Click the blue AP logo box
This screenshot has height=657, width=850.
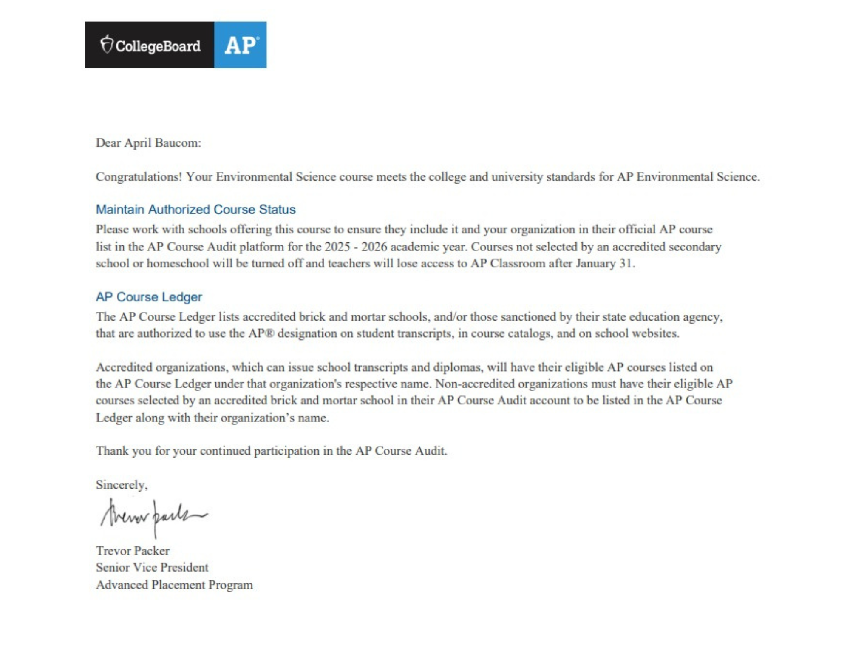point(240,45)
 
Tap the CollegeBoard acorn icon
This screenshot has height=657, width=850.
point(107,44)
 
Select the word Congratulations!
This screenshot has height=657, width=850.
point(139,177)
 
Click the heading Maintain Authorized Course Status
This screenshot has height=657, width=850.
point(195,210)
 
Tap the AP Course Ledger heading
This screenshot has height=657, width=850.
point(149,297)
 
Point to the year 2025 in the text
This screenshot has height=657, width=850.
point(337,247)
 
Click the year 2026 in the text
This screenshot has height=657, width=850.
point(374,247)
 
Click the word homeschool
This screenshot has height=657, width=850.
point(178,264)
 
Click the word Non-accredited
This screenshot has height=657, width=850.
point(475,384)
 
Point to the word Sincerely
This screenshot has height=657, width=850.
point(122,485)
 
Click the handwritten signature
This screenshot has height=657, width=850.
point(153,517)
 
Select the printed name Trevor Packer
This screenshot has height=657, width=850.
point(133,551)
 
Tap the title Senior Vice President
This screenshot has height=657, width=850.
point(152,568)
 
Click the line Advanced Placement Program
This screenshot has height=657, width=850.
point(174,585)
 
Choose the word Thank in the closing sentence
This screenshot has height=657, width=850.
point(112,451)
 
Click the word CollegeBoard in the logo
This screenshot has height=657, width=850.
point(158,46)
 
